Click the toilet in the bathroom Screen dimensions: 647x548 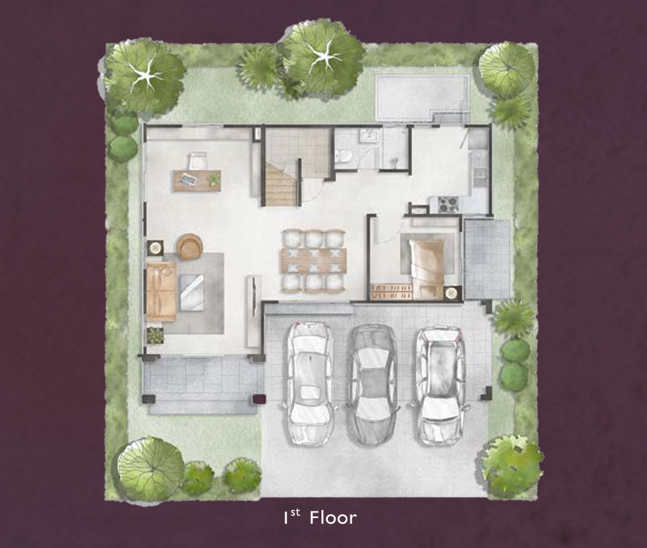(x=344, y=156)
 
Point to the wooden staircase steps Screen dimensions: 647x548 (x=281, y=184)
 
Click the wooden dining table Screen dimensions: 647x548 (x=314, y=260)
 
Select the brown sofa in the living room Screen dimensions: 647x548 (x=162, y=291)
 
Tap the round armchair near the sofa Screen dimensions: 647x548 (x=190, y=247)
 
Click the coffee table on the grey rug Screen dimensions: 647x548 (x=192, y=293)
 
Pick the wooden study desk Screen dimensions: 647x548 (x=197, y=180)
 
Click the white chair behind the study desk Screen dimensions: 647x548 (x=198, y=161)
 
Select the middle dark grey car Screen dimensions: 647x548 (x=373, y=385)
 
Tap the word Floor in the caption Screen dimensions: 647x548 (x=334, y=517)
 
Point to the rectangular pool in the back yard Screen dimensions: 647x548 (x=422, y=97)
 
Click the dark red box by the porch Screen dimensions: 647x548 (x=258, y=399)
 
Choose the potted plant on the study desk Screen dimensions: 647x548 (x=214, y=179)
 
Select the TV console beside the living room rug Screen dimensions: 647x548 (x=253, y=311)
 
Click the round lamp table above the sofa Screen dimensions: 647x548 (x=156, y=247)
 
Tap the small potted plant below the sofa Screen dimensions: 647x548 (x=155, y=335)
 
